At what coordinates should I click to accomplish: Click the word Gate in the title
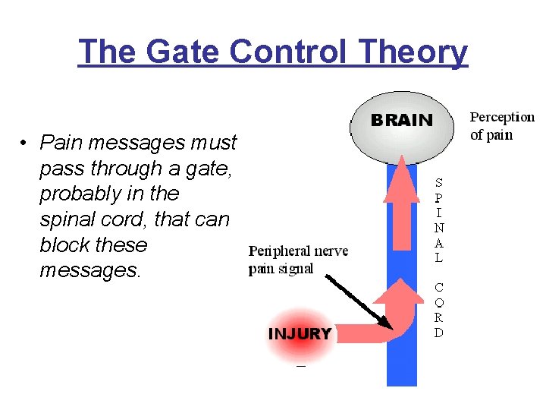(x=177, y=52)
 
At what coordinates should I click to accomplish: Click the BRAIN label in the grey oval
(x=401, y=120)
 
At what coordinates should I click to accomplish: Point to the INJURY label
(x=300, y=334)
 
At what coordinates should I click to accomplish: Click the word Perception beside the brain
(x=502, y=118)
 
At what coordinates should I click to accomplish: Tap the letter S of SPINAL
(x=439, y=182)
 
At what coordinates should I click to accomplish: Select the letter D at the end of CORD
(x=439, y=333)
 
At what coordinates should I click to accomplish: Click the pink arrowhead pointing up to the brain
(x=401, y=182)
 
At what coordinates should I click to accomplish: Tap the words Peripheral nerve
(x=299, y=252)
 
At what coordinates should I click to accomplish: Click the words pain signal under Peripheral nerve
(x=281, y=269)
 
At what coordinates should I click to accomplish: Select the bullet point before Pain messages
(x=25, y=143)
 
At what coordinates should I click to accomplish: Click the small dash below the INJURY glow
(x=301, y=366)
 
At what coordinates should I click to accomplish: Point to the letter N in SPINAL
(x=439, y=227)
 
